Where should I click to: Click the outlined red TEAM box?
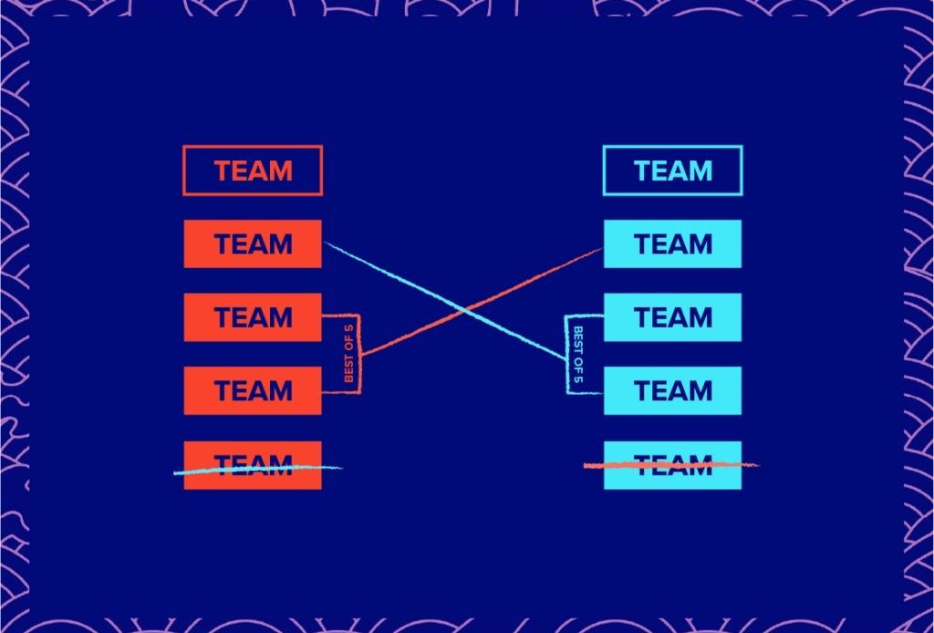253,171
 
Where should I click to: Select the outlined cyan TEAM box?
672,171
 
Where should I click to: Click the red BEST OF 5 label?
348,354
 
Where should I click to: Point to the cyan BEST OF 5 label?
576,354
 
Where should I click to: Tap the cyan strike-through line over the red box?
255,469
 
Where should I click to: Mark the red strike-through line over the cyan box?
670,465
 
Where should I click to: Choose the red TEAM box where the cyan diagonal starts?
253,244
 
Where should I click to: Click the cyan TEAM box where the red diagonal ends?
672,244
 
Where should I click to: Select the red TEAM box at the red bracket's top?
253,317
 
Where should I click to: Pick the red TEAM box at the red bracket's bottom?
253,390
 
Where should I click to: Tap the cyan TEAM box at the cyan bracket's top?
672,317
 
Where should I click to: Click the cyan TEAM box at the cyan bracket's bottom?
672,390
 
